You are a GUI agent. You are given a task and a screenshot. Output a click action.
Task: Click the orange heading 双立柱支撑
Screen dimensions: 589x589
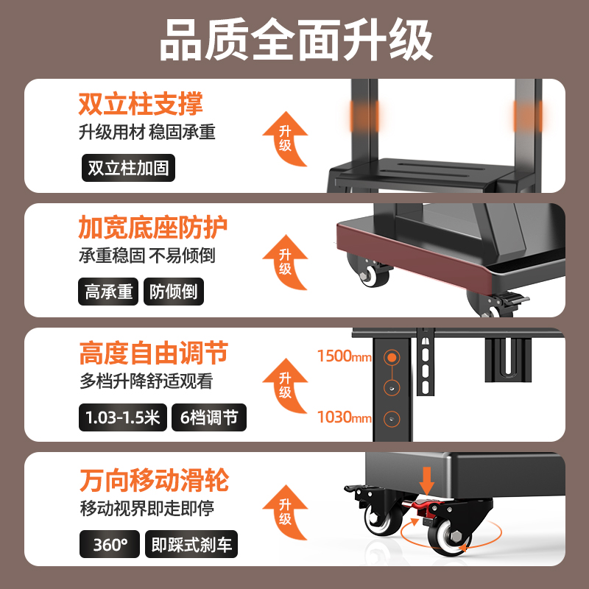(x=141, y=104)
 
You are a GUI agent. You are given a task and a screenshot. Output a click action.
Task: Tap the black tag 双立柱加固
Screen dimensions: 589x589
(x=128, y=168)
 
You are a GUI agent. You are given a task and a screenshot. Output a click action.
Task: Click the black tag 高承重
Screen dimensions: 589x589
(x=108, y=292)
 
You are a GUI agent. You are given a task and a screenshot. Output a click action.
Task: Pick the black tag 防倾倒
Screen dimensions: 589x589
(x=173, y=292)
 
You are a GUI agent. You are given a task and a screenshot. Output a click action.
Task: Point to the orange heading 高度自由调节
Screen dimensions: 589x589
(x=153, y=354)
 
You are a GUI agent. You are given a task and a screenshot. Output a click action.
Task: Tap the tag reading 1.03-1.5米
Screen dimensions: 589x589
(x=122, y=418)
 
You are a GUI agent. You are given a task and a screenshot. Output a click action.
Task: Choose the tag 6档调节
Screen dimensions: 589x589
(x=209, y=418)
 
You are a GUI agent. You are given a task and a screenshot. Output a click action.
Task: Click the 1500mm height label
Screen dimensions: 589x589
(x=344, y=356)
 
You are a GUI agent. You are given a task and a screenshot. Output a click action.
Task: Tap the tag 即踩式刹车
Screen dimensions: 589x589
(x=191, y=545)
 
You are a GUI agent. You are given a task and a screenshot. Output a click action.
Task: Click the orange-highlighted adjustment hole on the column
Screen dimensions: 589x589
(x=392, y=357)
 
